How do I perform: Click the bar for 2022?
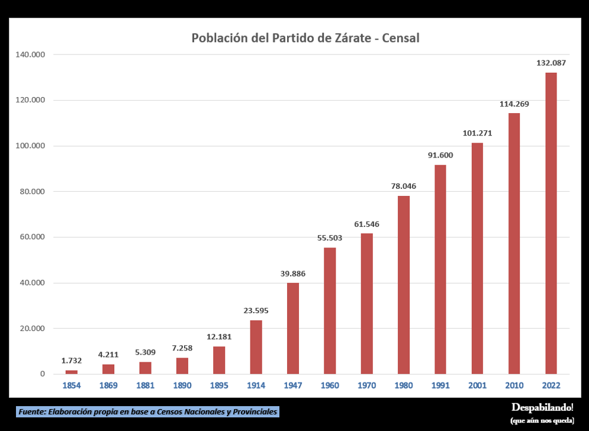(x=551, y=223)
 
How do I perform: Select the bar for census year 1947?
(x=292, y=328)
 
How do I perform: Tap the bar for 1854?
(x=72, y=372)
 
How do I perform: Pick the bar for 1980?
(x=403, y=285)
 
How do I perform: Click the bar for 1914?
(x=256, y=347)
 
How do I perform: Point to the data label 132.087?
(x=551, y=63)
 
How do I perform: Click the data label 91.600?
(x=440, y=155)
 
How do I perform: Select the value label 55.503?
(x=329, y=238)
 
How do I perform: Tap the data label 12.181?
(x=219, y=337)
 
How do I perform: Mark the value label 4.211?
(x=108, y=355)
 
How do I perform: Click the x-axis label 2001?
(x=477, y=386)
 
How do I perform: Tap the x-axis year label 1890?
(x=182, y=386)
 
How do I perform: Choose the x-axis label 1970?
(x=366, y=386)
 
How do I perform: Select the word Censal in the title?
(x=401, y=38)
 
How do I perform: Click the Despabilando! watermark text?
(x=542, y=407)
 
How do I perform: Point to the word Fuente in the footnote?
(x=32, y=411)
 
